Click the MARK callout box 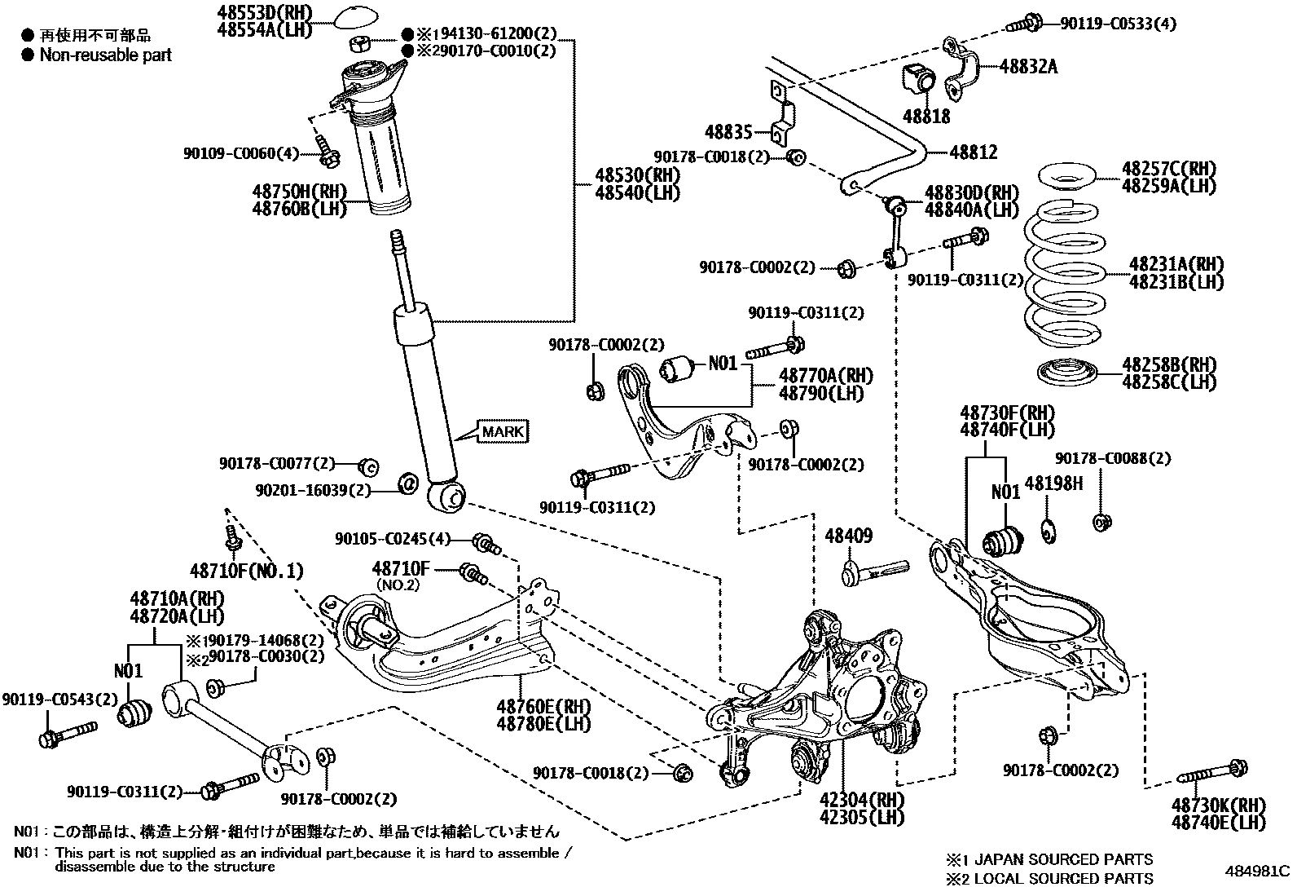(503, 431)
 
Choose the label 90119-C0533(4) (1118, 24)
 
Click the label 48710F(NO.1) (247, 571)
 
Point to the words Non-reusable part (106, 55)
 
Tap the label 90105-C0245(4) (392, 539)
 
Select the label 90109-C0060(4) (242, 152)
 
